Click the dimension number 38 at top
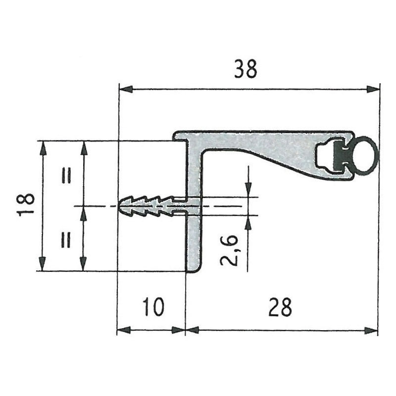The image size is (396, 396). coord(245,68)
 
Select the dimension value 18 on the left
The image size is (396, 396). coord(26,204)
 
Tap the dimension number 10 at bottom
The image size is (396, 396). coord(153,306)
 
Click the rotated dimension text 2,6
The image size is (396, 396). coord(229,250)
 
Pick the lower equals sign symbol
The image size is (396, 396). coord(66,240)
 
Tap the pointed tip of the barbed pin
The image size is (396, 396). coord(119,206)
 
